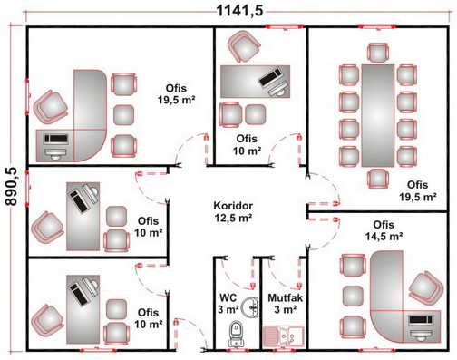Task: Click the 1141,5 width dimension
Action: (240, 11)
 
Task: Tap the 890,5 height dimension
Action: (12, 187)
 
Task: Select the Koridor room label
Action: (233, 206)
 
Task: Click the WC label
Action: (228, 297)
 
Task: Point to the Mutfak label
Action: (285, 297)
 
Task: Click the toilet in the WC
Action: (236, 334)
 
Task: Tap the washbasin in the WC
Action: (249, 307)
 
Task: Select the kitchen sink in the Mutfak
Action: (283, 336)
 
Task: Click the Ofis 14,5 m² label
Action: (384, 230)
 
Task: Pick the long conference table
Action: (378, 115)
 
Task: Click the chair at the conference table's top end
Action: (378, 53)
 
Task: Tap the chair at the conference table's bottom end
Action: (378, 179)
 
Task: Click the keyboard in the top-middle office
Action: (270, 78)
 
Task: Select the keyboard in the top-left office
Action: (56, 139)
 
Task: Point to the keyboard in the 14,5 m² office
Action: (421, 320)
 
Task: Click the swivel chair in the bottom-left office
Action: (47, 321)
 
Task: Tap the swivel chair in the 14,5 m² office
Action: (426, 288)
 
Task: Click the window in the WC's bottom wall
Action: (238, 350)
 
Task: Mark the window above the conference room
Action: (377, 27)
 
